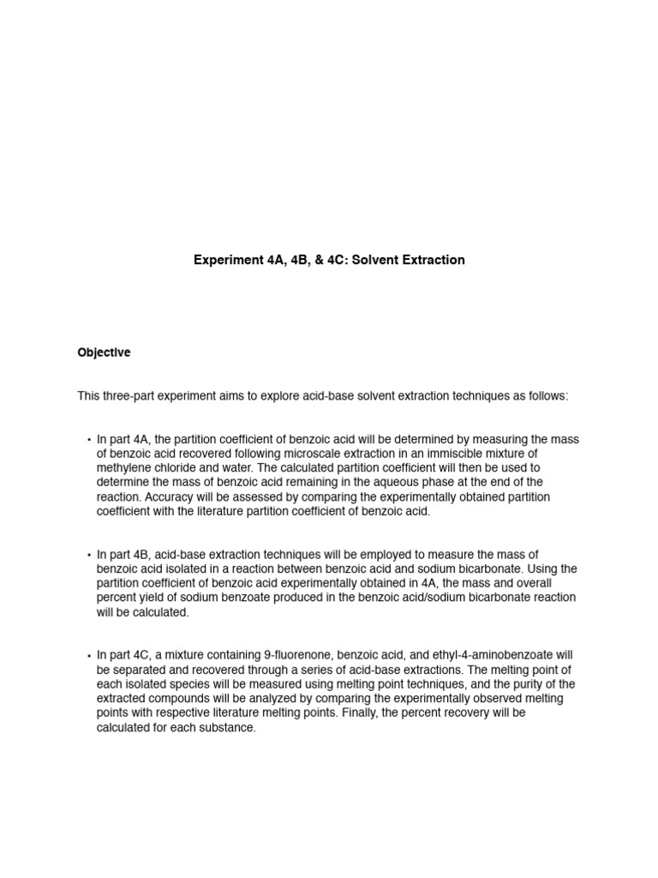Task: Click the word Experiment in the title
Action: coord(225,260)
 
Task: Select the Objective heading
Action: coord(104,352)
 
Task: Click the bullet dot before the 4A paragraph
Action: coord(89,440)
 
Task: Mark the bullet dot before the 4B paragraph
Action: coord(89,556)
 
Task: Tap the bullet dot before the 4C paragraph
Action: coord(89,656)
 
